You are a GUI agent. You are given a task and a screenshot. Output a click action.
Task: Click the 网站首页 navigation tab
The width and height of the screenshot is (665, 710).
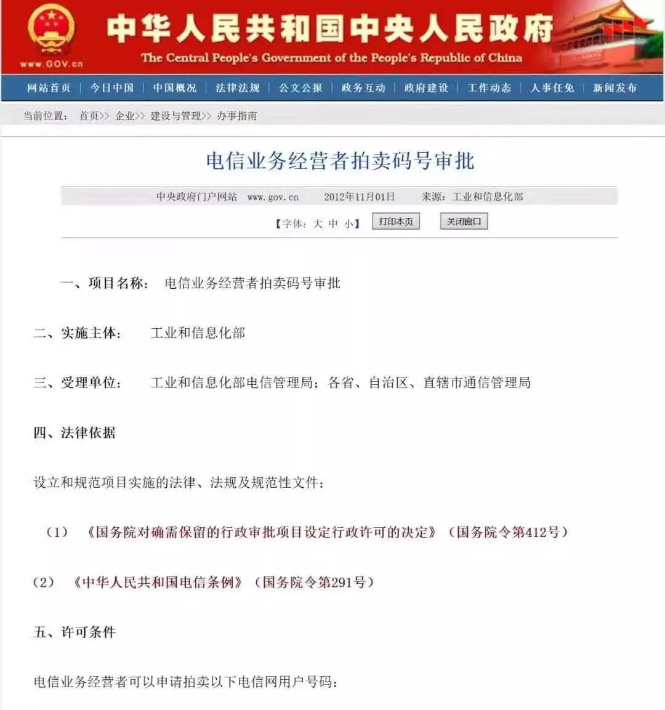(49, 88)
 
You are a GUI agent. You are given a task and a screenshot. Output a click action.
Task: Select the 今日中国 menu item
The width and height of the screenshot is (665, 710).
(112, 88)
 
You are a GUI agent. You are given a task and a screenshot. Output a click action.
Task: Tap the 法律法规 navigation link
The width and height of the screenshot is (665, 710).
(238, 88)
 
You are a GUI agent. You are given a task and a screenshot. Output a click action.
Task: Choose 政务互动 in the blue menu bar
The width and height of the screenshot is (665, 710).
(363, 88)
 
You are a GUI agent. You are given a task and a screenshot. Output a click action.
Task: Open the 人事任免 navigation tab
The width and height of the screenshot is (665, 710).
(552, 88)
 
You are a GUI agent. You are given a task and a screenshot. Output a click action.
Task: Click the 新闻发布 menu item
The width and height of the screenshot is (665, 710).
(615, 88)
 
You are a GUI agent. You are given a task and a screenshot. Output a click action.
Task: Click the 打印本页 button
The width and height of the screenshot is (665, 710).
(396, 222)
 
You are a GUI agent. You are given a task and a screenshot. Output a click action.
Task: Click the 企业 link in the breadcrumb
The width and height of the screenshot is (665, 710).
(125, 116)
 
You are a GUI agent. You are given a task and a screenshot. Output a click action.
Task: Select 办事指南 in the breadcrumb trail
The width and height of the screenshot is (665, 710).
(237, 116)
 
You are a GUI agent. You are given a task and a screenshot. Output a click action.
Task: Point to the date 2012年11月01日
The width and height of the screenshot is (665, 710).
(359, 197)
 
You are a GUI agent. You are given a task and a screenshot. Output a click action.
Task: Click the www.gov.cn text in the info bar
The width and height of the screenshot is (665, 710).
(273, 197)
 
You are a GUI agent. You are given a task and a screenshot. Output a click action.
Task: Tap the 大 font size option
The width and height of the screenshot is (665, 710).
(318, 224)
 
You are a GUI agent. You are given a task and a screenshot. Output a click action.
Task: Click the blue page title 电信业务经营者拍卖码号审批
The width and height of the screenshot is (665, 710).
(340, 161)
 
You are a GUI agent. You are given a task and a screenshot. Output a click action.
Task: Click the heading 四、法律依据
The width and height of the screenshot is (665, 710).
(75, 433)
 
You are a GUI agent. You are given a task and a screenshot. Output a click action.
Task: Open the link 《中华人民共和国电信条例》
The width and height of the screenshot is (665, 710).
(158, 582)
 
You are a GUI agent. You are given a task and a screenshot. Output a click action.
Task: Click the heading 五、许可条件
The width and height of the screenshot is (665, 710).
(75, 632)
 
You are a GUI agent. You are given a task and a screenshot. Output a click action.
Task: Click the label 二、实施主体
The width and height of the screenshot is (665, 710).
(78, 333)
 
